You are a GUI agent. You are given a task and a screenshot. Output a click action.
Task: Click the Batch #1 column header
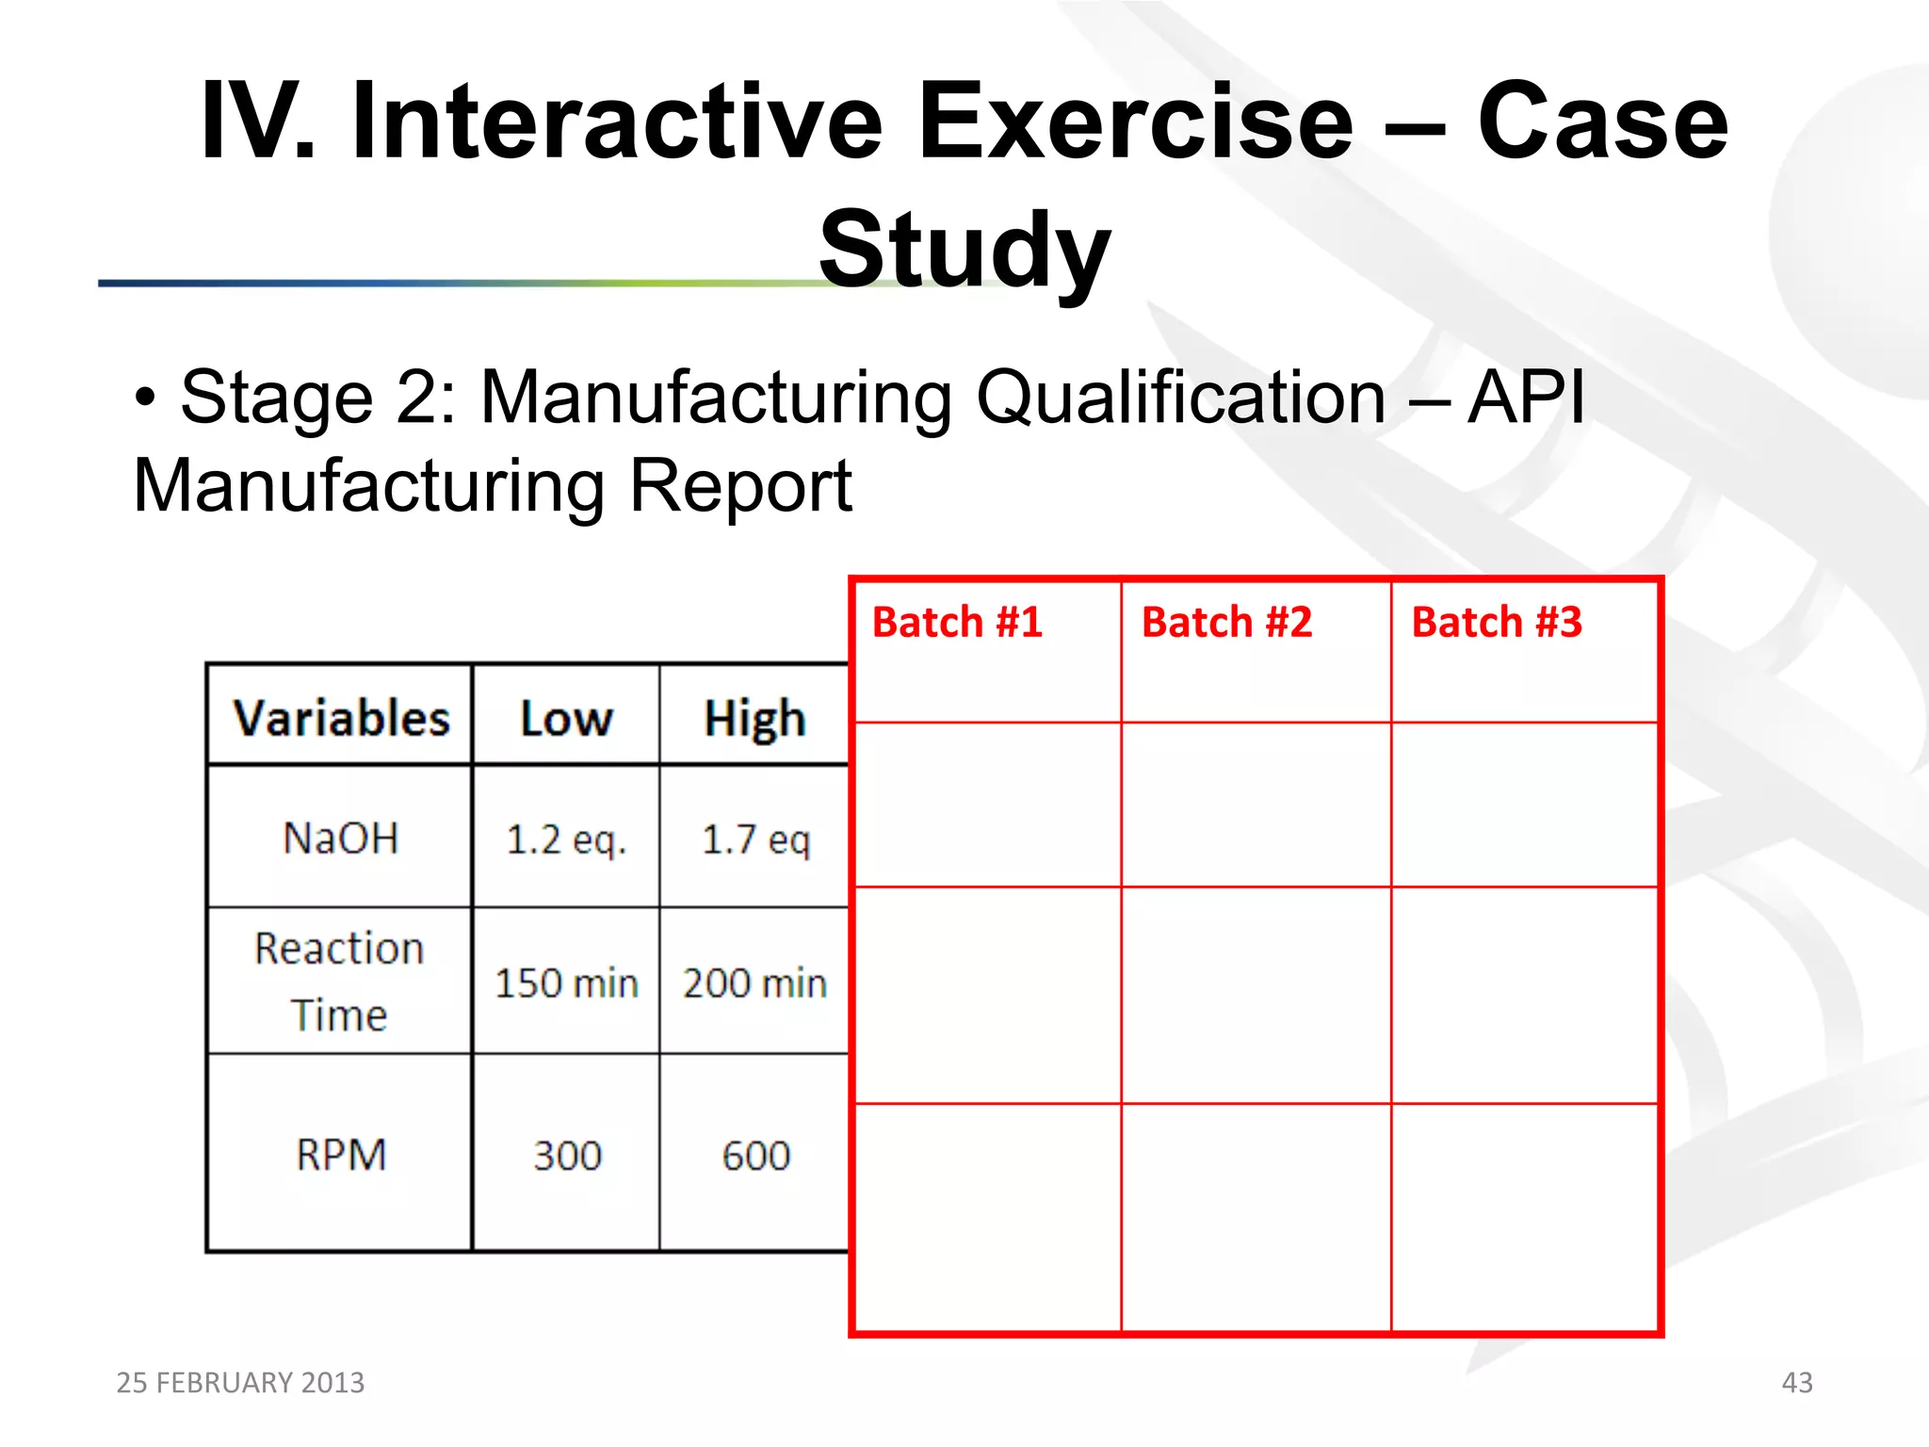957,623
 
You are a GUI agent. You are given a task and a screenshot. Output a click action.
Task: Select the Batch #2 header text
1226,623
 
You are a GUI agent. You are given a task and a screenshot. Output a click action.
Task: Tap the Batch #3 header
1497,623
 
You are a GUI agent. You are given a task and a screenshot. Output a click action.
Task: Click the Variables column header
341,719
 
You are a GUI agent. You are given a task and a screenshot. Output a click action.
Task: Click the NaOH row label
341,837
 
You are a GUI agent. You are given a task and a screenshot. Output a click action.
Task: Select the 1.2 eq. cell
566,839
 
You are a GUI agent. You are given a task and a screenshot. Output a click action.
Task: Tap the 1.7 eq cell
755,839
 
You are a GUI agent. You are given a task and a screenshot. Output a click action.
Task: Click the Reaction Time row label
339,981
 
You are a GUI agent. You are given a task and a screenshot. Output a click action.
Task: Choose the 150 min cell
566,984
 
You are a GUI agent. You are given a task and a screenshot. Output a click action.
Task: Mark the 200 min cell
754,984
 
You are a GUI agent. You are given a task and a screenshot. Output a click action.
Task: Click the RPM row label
341,1155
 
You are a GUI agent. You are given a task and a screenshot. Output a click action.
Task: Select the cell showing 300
567,1156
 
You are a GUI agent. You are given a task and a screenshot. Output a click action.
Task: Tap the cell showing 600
755,1156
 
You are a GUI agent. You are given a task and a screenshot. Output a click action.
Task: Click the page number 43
1797,1382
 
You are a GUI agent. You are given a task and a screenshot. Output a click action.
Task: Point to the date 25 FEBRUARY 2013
240,1382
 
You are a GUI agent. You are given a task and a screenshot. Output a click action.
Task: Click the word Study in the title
964,250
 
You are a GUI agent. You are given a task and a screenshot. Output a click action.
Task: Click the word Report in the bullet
740,486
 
